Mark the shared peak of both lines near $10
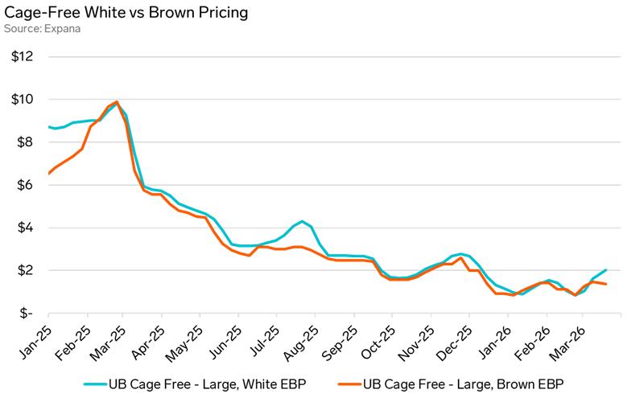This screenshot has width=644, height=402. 117,102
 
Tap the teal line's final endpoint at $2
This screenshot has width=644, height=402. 605,270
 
